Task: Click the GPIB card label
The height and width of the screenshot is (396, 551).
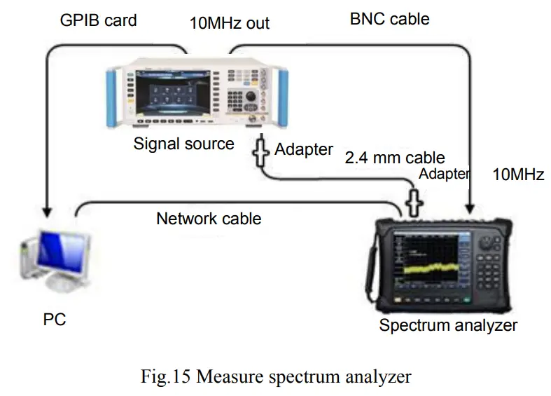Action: click(x=97, y=20)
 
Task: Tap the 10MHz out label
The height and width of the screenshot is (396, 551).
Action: click(x=229, y=23)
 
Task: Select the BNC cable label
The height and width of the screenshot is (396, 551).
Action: click(x=389, y=20)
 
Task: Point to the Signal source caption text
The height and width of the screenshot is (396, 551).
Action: click(x=183, y=144)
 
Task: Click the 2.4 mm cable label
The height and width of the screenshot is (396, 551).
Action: click(x=395, y=158)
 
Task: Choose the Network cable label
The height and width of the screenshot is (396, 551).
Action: click(x=209, y=219)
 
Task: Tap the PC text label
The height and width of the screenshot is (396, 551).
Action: click(x=54, y=320)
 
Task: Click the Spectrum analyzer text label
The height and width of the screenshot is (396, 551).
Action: click(x=448, y=325)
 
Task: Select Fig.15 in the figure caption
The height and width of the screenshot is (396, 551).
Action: click(x=165, y=377)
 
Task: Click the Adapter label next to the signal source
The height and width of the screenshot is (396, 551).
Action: click(x=303, y=149)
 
